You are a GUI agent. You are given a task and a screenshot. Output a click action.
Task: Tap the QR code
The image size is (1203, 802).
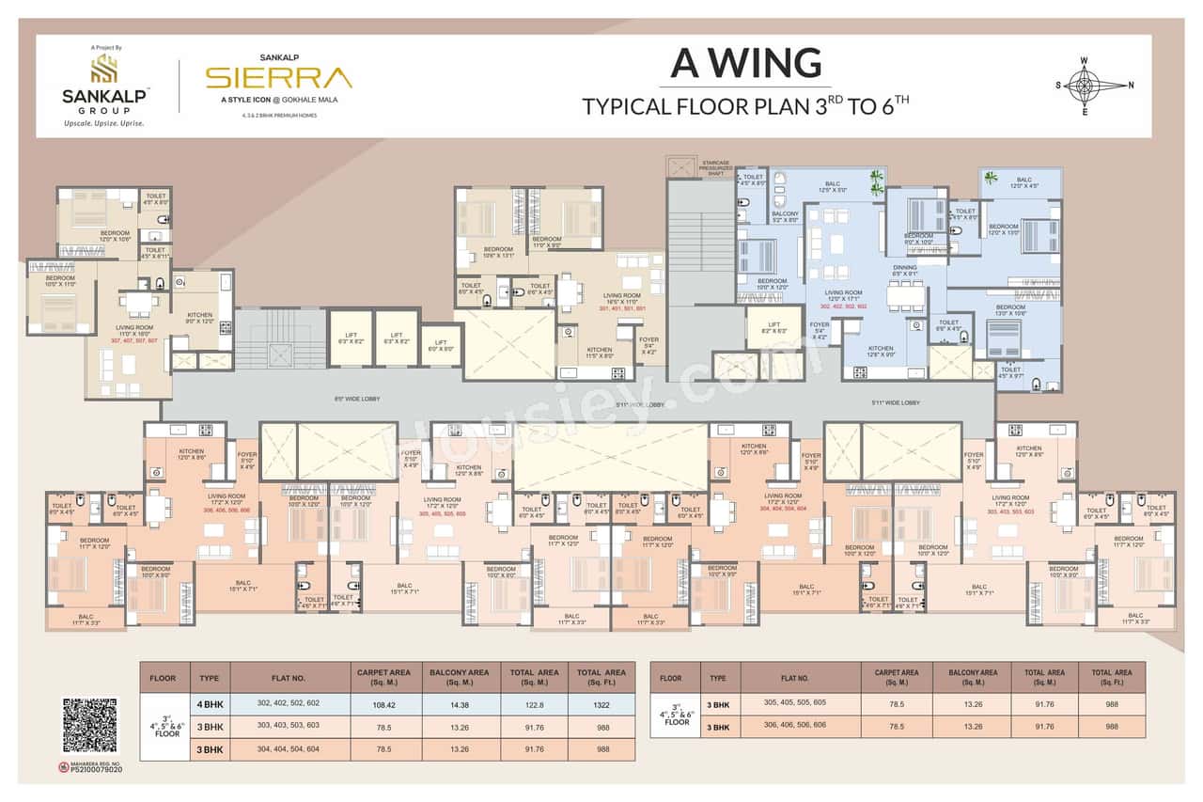click(x=90, y=726)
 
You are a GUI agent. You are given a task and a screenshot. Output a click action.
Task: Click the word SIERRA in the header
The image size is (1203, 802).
click(x=279, y=76)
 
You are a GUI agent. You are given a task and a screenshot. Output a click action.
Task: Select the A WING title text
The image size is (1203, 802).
click(x=745, y=63)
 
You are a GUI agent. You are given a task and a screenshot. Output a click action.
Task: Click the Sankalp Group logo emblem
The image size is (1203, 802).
click(x=103, y=68)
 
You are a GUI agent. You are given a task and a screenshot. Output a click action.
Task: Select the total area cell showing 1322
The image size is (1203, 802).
click(x=601, y=703)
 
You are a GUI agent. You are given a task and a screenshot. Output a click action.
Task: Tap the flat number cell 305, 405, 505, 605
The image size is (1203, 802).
click(x=794, y=703)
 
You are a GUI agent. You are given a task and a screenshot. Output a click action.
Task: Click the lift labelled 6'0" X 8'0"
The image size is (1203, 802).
click(x=441, y=345)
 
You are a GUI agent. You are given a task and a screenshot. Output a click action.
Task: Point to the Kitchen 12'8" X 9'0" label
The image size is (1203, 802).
click(x=882, y=353)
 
